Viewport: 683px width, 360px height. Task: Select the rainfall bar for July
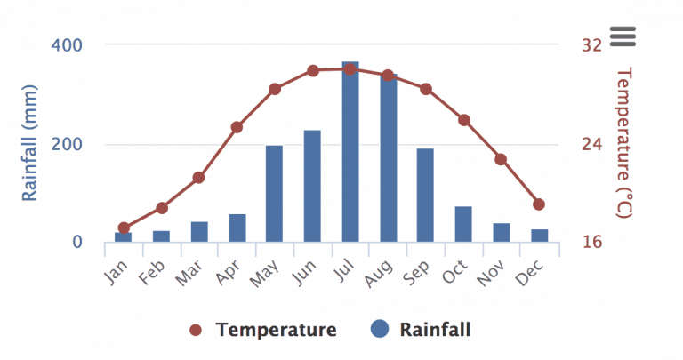point(350,153)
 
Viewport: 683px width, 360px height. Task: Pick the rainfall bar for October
point(463,224)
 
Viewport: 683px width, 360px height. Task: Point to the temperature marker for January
point(124,228)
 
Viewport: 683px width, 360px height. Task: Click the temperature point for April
point(237,127)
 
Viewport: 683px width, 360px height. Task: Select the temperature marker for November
point(501,159)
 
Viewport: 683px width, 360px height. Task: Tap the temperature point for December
point(539,204)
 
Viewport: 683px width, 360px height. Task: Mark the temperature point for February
point(162,208)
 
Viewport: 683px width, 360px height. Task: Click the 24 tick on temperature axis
point(592,144)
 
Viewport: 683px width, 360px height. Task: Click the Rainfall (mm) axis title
point(30,142)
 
